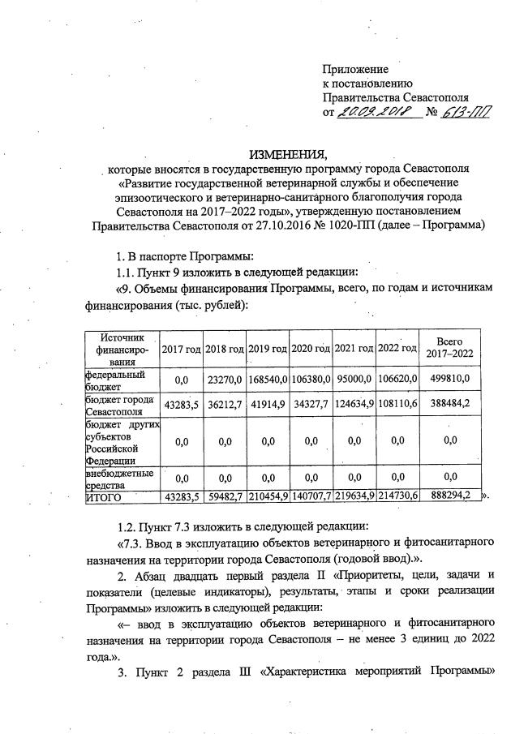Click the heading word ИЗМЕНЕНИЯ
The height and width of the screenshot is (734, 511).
(x=290, y=154)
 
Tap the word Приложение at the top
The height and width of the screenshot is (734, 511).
(x=355, y=69)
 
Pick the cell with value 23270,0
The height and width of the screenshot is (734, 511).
(x=224, y=381)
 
